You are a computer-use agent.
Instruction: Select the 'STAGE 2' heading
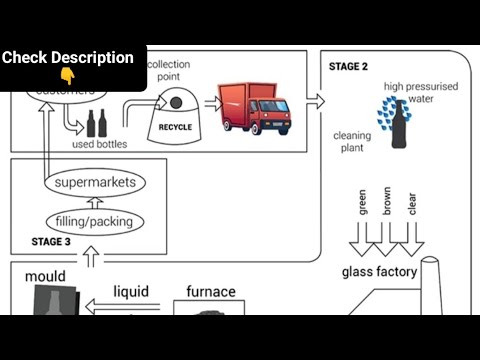348,67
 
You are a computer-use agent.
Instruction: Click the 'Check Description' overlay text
68,58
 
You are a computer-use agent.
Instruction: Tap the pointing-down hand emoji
67,76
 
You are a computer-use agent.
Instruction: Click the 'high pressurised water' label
420,93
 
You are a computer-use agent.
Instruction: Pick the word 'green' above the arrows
363,204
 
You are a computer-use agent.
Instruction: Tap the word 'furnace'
211,292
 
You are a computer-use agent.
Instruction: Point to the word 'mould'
46,276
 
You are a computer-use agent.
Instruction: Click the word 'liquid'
130,292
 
